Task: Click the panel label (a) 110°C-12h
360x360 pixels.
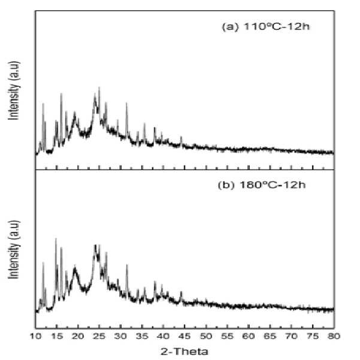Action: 265,26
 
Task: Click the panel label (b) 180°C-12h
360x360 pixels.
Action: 262,185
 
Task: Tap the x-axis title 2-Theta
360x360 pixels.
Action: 184,352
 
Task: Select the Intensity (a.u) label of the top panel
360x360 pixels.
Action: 14,90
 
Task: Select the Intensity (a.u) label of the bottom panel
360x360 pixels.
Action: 14,250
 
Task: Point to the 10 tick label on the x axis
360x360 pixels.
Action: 35,337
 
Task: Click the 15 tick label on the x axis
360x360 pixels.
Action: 57,337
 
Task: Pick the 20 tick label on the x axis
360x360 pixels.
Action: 78,337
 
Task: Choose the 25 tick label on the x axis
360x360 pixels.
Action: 99,337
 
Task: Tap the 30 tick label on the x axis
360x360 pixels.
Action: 121,337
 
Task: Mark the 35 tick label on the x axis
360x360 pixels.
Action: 142,337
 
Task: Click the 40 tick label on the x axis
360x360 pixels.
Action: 164,337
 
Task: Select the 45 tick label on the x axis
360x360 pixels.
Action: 184,337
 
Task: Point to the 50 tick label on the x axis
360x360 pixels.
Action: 206,337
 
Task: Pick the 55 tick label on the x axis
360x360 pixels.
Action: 227,337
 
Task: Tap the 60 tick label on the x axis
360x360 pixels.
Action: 249,337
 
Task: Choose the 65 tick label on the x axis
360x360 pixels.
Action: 270,337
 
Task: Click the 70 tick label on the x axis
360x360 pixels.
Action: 291,337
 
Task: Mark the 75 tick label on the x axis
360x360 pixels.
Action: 313,337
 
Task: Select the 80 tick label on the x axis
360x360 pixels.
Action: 334,337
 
